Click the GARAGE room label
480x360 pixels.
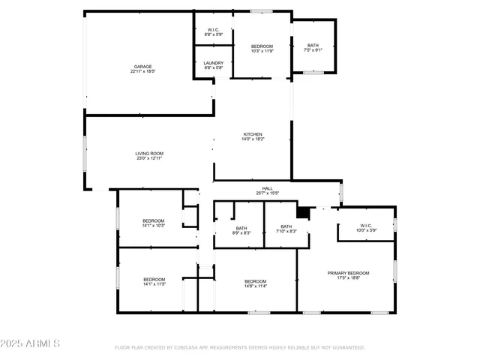142,67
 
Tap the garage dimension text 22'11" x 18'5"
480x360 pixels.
142,72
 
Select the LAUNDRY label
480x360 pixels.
214,63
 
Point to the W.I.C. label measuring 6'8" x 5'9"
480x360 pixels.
214,30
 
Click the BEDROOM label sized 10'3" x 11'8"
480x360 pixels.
262,46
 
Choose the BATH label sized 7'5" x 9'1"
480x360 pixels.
313,46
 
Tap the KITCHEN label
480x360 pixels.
253,134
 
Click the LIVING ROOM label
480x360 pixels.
149,153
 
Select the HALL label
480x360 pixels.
267,188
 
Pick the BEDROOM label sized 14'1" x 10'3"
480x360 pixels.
154,220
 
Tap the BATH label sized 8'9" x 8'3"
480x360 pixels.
241,228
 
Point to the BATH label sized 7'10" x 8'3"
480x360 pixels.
286,226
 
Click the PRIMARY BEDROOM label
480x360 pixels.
348,273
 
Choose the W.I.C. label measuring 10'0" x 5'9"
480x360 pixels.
366,225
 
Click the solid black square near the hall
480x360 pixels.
303,213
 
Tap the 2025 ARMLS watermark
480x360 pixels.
30,343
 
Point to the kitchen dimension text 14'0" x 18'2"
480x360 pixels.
253,139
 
